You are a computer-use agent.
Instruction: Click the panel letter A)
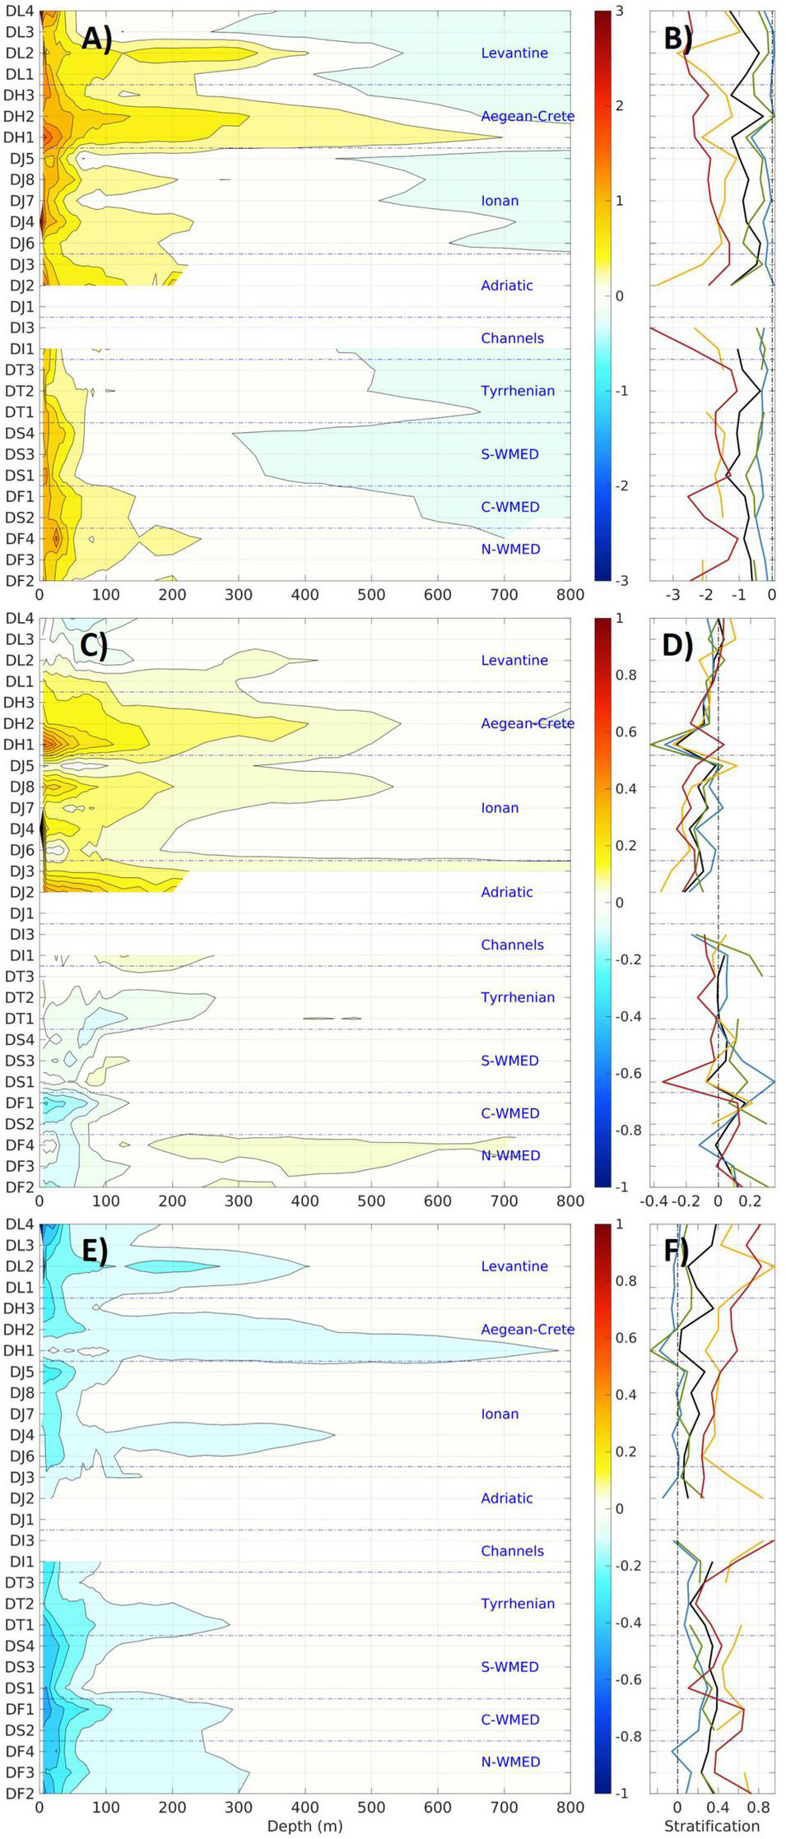tap(96, 39)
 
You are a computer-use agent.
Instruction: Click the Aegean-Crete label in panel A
tap(527, 116)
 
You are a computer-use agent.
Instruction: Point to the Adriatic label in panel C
tap(506, 892)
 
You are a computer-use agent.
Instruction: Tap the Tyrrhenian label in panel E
tap(517, 1603)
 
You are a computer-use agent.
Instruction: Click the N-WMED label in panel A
tap(510, 549)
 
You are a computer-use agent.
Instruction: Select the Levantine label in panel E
tap(514, 1265)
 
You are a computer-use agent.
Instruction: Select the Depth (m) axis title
tap(305, 1826)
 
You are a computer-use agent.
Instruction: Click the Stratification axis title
tap(712, 1826)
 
